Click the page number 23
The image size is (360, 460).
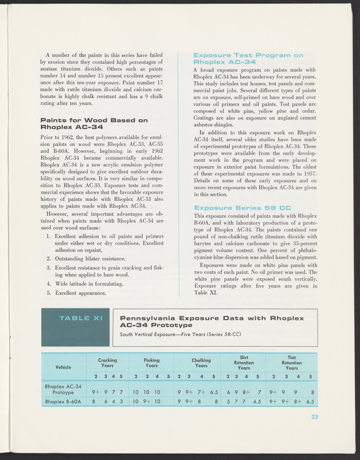[x=314, y=417]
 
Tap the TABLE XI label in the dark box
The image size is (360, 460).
[x=81, y=318]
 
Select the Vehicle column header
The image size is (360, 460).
[x=63, y=367]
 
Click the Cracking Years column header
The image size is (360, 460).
[x=107, y=363]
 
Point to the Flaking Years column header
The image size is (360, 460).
[x=151, y=363]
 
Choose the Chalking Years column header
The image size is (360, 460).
[x=201, y=363]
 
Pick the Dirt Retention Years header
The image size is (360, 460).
[x=244, y=363]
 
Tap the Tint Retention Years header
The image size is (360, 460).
[x=292, y=363]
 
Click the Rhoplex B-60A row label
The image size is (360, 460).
[x=63, y=401]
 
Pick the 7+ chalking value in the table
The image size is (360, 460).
[x=202, y=392]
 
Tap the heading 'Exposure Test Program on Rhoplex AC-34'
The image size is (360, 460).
[x=248, y=59]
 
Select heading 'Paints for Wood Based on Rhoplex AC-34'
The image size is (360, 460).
[x=94, y=124]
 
